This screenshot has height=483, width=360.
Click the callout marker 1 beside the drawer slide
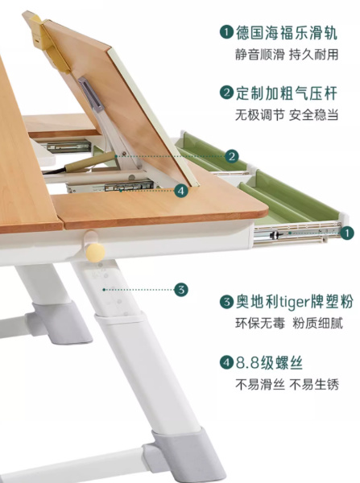coord(347,233)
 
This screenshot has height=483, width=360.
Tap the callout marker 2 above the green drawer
coord(232,156)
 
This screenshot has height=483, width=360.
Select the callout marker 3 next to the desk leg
coord(181,290)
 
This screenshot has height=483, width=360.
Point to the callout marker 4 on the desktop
coord(181,191)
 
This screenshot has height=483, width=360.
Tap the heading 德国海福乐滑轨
coord(287,33)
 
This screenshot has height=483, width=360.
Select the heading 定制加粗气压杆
coord(287,93)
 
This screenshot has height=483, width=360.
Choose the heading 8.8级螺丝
coord(269,362)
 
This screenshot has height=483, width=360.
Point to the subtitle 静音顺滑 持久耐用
coord(287,55)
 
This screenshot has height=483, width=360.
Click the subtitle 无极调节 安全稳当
coord(287,115)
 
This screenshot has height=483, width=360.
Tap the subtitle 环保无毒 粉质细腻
coord(289,324)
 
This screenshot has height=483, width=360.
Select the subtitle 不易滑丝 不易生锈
coord(287,385)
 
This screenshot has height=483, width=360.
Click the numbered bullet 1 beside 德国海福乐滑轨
coord(226,32)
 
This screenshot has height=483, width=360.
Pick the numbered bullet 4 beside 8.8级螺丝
coord(226,362)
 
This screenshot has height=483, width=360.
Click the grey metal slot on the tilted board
coord(90,93)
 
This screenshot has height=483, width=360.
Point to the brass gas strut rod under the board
coord(87,161)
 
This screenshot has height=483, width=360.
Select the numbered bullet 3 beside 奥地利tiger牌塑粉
coord(226,302)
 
